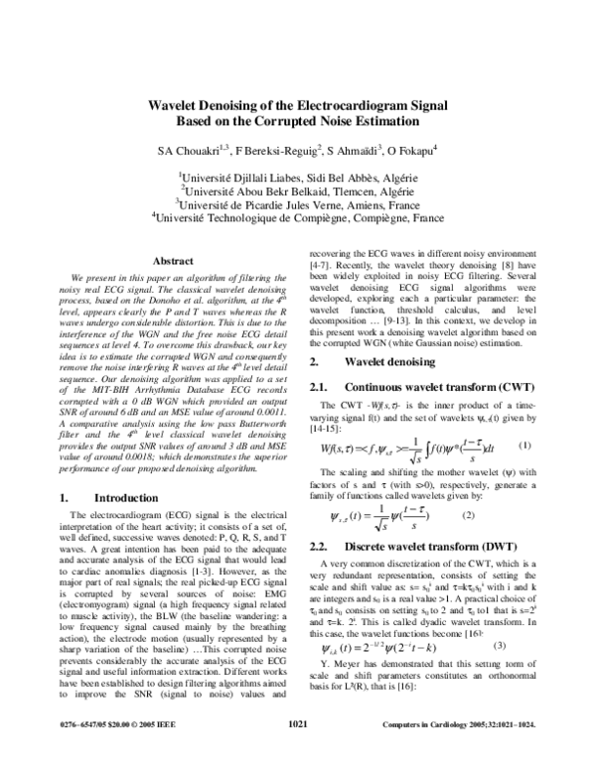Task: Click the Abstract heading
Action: (172, 261)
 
